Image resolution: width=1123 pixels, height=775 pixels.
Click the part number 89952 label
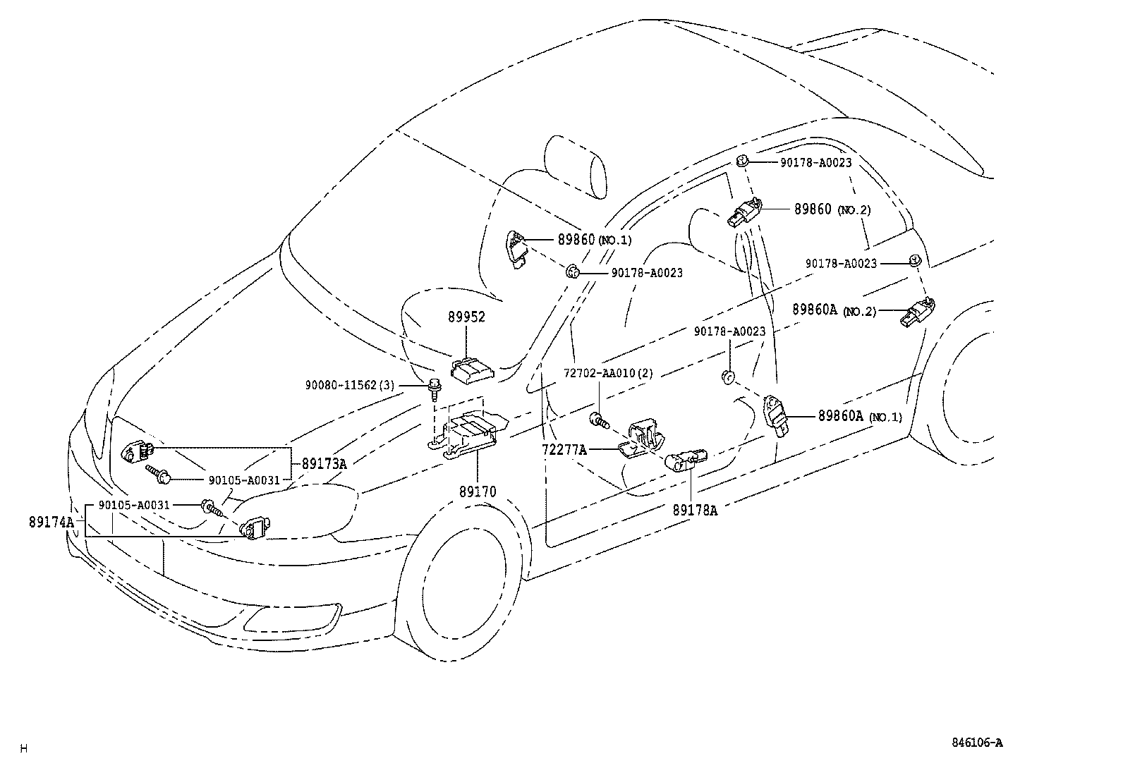tap(466, 318)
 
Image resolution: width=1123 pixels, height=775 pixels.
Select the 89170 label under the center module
tap(478, 492)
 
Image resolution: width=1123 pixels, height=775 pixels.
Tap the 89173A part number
tap(324, 464)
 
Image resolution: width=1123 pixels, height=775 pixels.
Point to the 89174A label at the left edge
tap(51, 523)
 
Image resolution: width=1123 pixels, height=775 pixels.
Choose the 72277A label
tap(564, 448)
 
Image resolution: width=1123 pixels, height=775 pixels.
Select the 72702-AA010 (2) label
tap(607, 373)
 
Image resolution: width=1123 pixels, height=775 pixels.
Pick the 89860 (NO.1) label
tap(594, 240)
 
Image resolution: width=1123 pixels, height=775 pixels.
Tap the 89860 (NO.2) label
tap(832, 209)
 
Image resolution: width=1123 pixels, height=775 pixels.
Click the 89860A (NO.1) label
tap(859, 416)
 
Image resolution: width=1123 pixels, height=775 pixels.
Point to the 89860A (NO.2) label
tap(834, 310)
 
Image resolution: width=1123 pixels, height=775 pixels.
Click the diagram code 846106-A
tap(976, 743)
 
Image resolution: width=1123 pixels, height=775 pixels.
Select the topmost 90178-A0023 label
tap(815, 162)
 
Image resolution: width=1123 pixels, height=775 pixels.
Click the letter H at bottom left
tap(23, 748)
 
